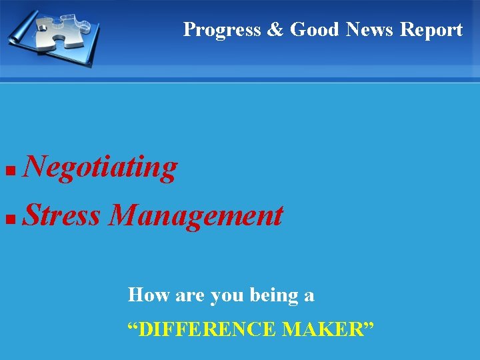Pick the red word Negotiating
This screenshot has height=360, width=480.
(x=100, y=167)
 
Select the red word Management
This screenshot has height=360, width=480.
(x=196, y=217)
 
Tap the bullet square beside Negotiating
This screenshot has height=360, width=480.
(x=9, y=171)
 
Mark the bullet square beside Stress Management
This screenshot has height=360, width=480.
(x=9, y=219)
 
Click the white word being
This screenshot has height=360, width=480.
(x=275, y=295)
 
